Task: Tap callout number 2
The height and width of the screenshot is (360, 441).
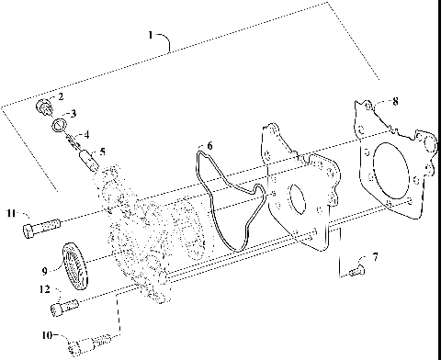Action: click(x=61, y=96)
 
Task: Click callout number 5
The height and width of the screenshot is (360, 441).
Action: click(x=102, y=152)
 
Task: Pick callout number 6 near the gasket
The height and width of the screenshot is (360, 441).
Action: click(x=209, y=145)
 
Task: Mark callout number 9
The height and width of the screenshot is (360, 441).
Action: click(x=43, y=271)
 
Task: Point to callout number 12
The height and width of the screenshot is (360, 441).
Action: click(x=43, y=289)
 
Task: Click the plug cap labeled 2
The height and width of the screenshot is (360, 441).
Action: click(x=43, y=107)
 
